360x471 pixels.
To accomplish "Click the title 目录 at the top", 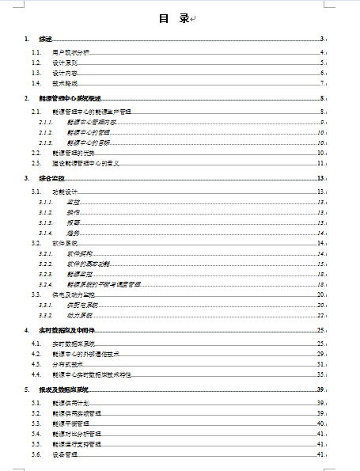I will pos(173,18).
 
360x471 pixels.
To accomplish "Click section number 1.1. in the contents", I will pos(36,52).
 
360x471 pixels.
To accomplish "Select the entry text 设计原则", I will pos(65,62).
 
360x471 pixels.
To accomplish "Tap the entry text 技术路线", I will pos(65,82).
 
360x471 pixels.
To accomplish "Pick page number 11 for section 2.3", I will pos(320,162).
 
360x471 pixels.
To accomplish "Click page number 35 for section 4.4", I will pos(320,374).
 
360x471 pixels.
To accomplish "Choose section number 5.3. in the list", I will pos(36,424).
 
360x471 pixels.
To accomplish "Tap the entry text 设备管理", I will pos(65,455).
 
